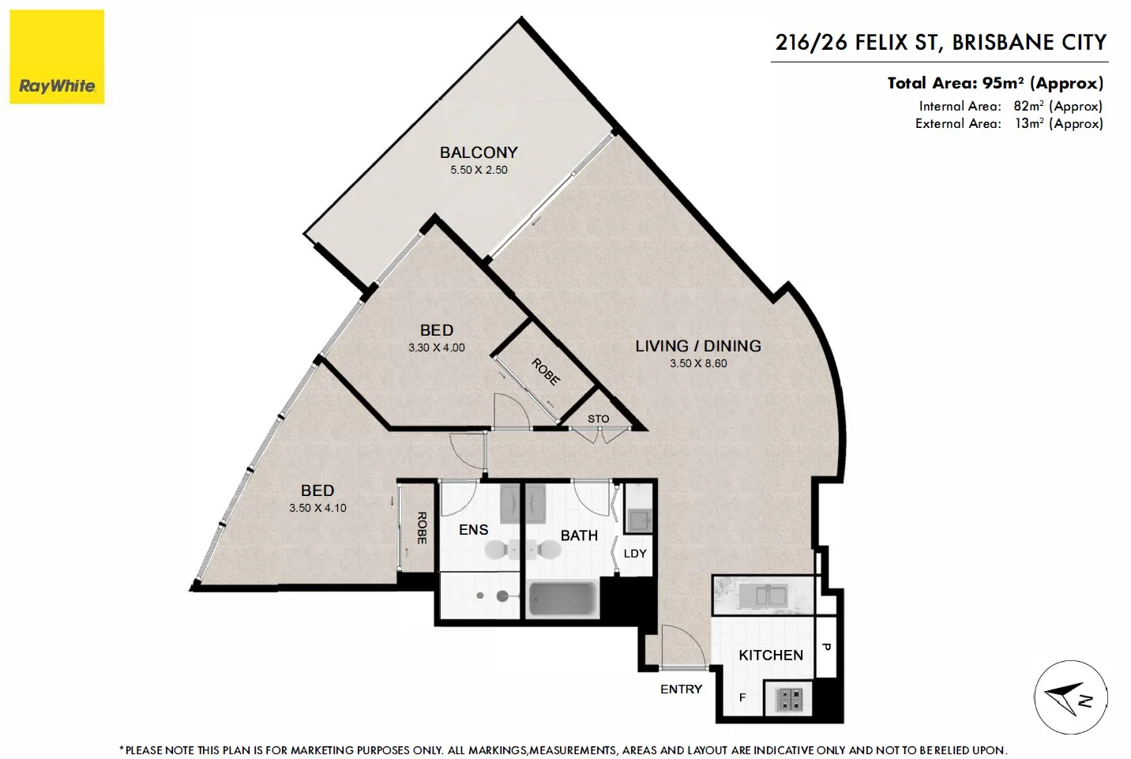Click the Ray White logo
click(x=57, y=57)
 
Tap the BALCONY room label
click(x=479, y=152)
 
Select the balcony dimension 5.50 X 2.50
click(x=479, y=170)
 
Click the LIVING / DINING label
click(x=698, y=346)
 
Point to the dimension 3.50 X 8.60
click(x=698, y=363)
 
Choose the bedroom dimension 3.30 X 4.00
click(x=436, y=348)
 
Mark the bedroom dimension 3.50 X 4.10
click(x=318, y=508)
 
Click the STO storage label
click(x=598, y=419)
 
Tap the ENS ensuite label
click(x=473, y=530)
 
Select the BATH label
click(x=579, y=535)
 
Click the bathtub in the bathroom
click(x=562, y=599)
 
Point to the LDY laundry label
click(x=635, y=554)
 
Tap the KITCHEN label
click(x=770, y=656)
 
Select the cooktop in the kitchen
click(x=790, y=699)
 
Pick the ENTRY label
click(x=681, y=689)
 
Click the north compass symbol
click(x=1070, y=697)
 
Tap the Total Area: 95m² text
click(x=994, y=83)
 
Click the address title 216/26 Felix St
click(x=940, y=43)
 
